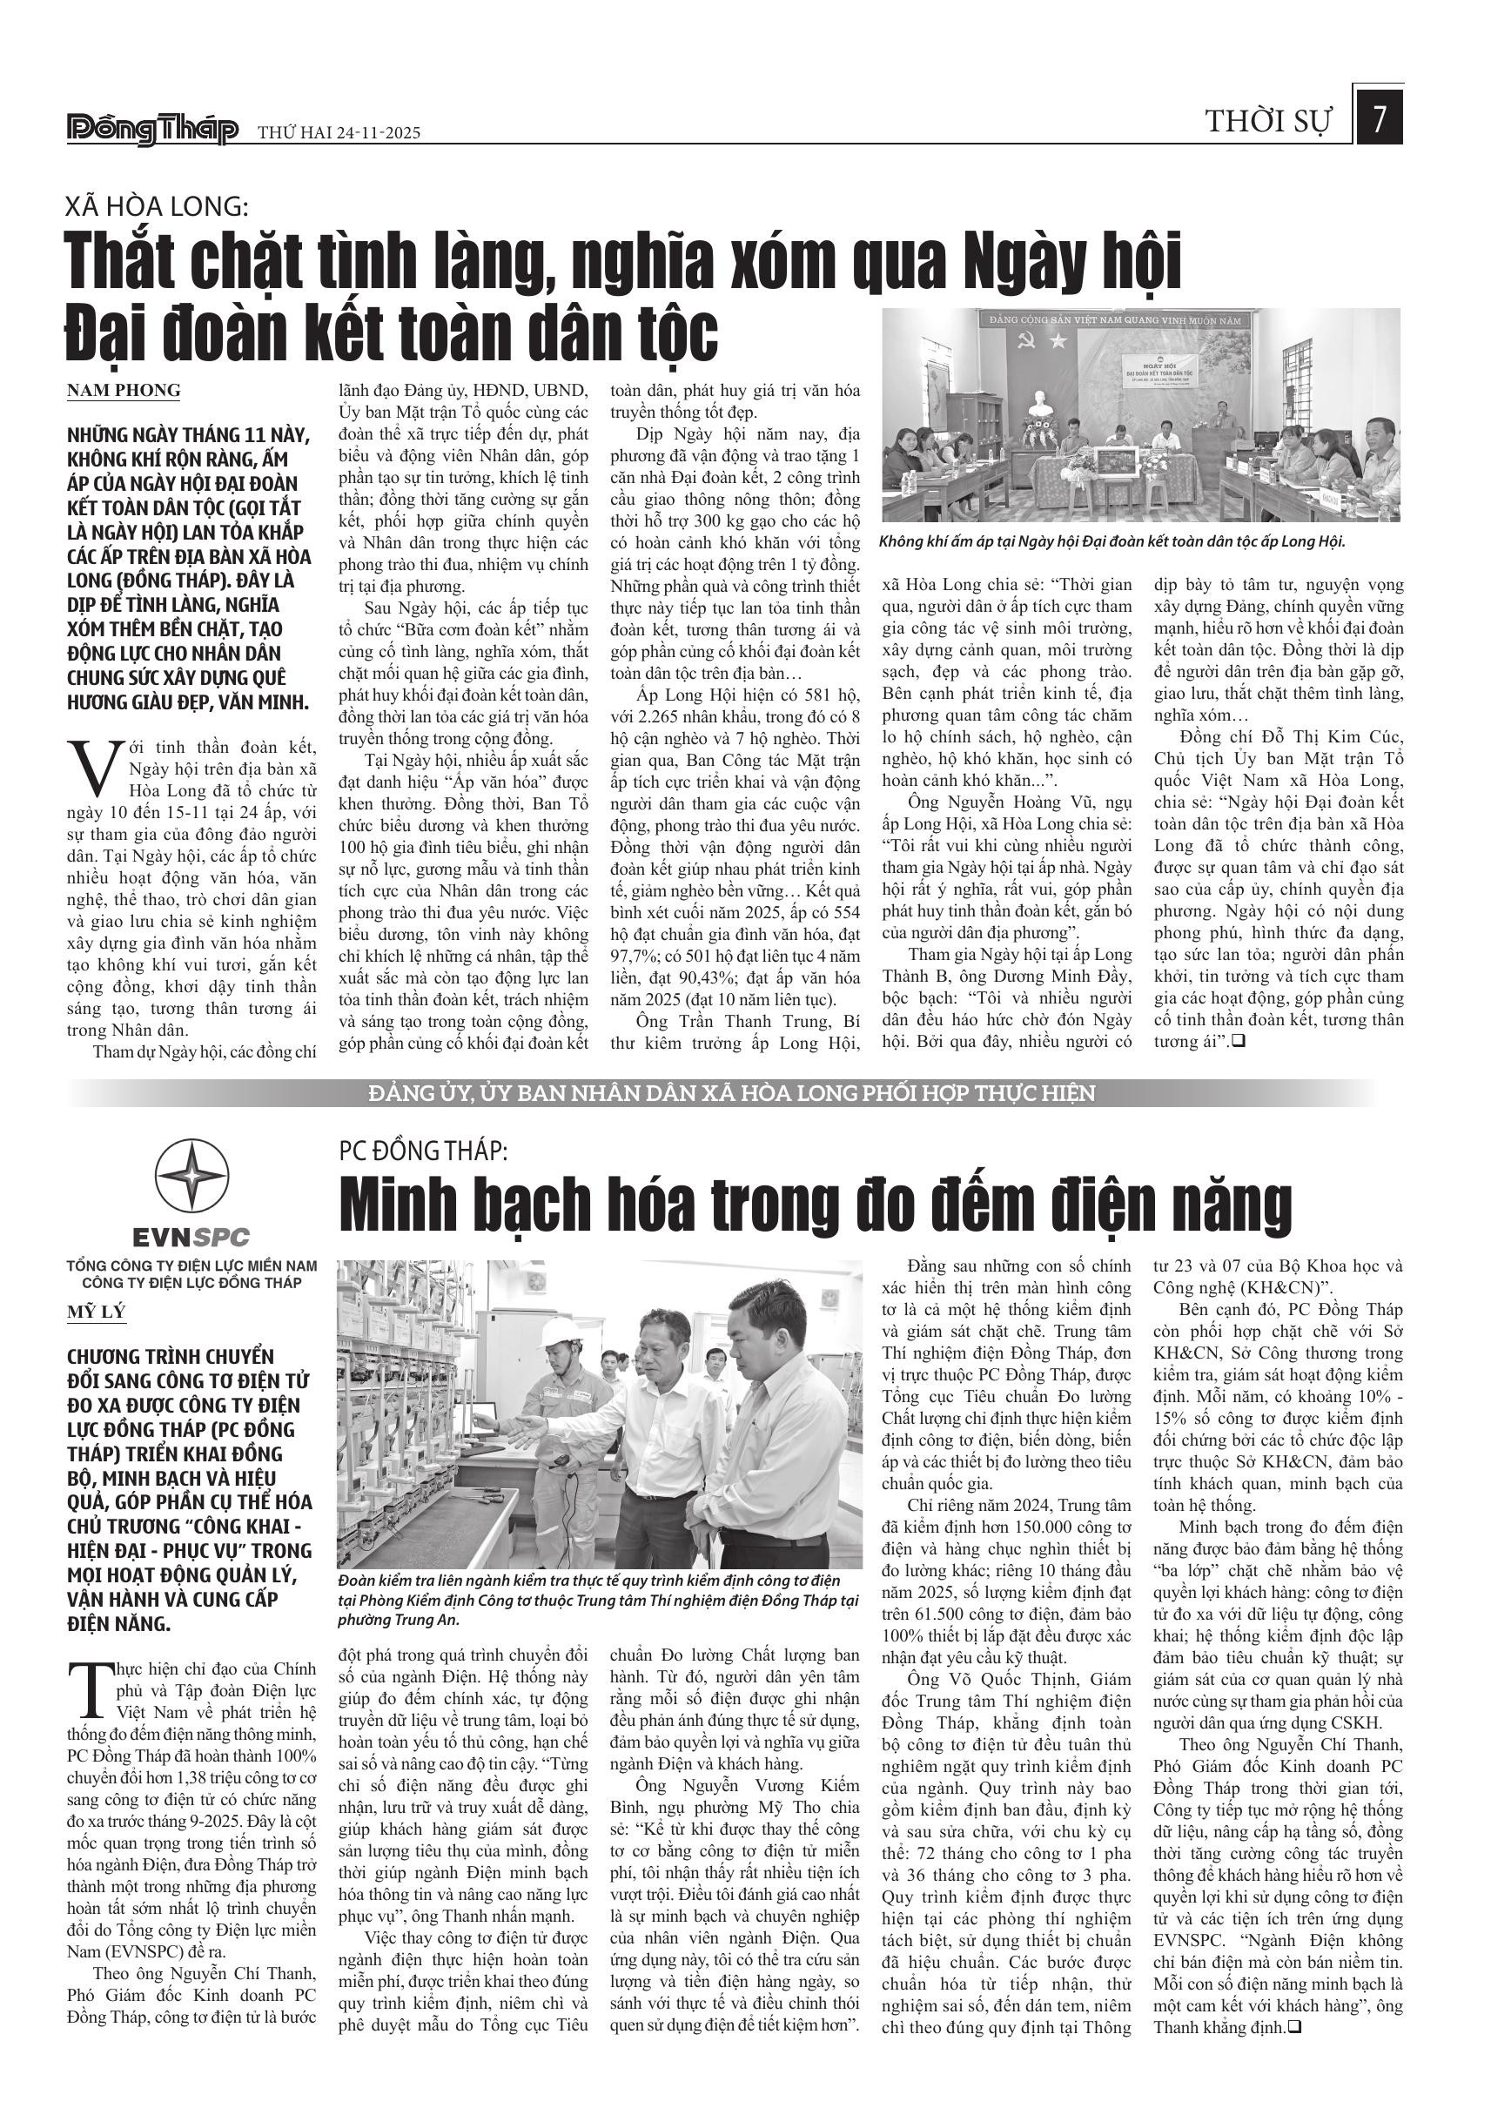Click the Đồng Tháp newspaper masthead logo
(152, 131)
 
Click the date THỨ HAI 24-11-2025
(339, 133)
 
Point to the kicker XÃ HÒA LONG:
(157, 205)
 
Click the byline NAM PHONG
(123, 390)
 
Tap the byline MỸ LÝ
(96, 1312)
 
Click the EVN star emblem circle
(191, 1176)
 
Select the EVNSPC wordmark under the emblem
(191, 1236)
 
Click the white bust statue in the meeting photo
(1039, 404)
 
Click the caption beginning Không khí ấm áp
(1112, 541)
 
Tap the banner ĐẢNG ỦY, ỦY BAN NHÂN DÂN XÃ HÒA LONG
(732, 1093)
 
